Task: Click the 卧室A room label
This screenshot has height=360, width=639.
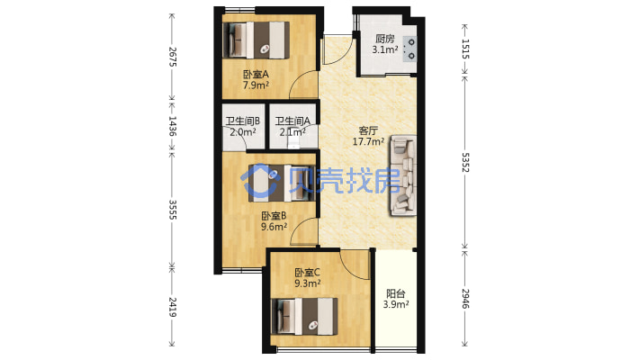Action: tap(256, 75)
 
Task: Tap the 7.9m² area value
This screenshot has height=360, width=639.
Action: tap(256, 85)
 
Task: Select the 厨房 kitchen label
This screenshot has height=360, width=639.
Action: tap(385, 39)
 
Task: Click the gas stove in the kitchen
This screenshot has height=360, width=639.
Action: tap(409, 49)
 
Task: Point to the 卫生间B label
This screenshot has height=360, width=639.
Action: tap(243, 121)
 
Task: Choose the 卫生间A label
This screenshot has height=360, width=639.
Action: tap(292, 121)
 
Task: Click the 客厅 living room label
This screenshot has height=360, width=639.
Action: tap(368, 130)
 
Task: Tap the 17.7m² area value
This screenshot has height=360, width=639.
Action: tap(368, 141)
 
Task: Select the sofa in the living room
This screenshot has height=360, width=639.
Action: tap(403, 175)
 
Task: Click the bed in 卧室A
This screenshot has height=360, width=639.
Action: tap(256, 40)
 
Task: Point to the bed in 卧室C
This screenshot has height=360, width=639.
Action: tap(304, 317)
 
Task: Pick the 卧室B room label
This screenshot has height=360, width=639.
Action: tap(274, 216)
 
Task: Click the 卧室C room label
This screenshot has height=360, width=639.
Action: tap(308, 273)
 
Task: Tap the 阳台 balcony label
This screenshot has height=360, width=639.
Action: tap(396, 293)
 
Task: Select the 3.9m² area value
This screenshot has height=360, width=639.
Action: tap(396, 304)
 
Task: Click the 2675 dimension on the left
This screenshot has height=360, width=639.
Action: tap(173, 57)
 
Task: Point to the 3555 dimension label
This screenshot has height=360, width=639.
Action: tap(173, 210)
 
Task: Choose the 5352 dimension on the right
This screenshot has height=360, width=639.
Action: tap(465, 162)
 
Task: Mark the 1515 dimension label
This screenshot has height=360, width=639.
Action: tap(465, 49)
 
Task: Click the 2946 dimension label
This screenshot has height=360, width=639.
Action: tap(465, 299)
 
